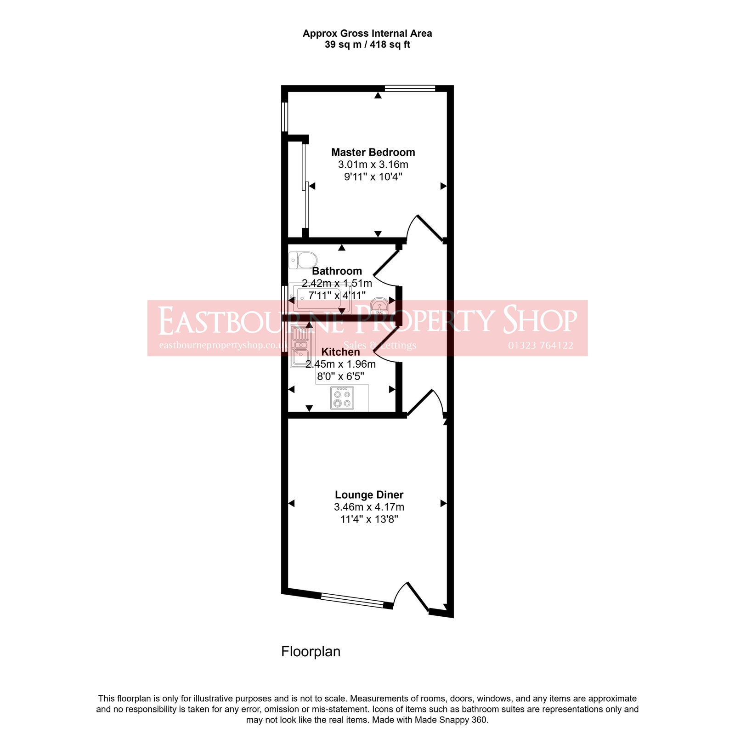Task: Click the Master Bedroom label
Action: pos(373,152)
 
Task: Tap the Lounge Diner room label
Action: pos(369,495)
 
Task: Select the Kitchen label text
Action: pos(340,352)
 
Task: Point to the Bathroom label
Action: pos(337,271)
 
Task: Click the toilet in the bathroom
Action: pos(303,260)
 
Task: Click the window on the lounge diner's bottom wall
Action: pos(352,601)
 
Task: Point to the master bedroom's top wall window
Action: pos(410,88)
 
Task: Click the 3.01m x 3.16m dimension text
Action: pos(373,165)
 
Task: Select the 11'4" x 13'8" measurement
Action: pos(369,519)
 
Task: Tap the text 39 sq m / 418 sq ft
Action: pos(367,45)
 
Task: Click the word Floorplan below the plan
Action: pos(311,652)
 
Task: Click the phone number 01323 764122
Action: pos(540,346)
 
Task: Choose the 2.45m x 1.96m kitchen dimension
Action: pos(340,364)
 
